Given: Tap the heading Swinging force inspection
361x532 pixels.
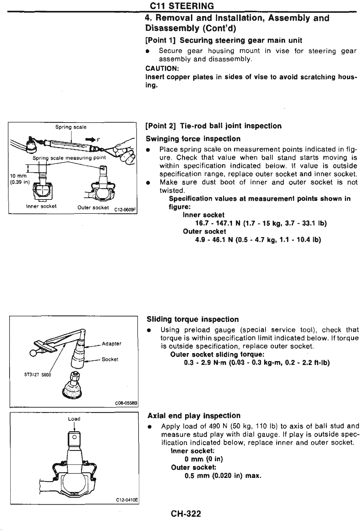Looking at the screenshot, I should pyautogui.click(x=193, y=139).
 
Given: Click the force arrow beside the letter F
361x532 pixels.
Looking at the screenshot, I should pyautogui.click(x=90, y=139).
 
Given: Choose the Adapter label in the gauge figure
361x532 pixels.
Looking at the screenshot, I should pyautogui.click(x=112, y=343).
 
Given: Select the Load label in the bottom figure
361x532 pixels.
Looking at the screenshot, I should pyautogui.click(x=74, y=419).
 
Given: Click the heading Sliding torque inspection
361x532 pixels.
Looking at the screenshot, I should pyautogui.click(x=193, y=320).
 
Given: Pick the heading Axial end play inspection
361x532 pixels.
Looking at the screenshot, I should pyautogui.click(x=194, y=416).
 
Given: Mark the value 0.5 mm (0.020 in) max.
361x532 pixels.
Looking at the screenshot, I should pyautogui.click(x=223, y=476).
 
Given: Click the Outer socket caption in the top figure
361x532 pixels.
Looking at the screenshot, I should pyautogui.click(x=93, y=208).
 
